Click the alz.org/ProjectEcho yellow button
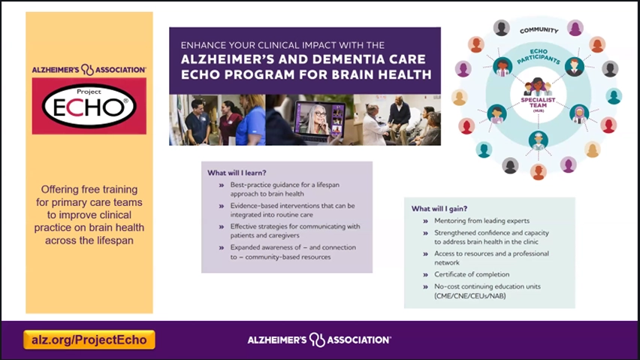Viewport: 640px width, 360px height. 89,340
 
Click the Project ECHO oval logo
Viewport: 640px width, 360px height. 89,106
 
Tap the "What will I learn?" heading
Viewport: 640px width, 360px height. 237,173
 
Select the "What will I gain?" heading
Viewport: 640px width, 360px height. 439,209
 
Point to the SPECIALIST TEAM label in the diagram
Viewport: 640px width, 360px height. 538,102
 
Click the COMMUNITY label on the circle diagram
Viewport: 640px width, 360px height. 539,30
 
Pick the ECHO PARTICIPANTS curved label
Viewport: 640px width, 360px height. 539,56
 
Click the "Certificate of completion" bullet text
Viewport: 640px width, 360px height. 472,274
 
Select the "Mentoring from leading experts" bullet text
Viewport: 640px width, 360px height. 482,220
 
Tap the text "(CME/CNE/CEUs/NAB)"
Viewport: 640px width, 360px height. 469,296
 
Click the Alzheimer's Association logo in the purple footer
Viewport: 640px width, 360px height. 319,340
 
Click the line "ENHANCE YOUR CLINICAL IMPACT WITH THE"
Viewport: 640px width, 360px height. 282,45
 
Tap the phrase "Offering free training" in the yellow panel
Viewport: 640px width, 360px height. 89,189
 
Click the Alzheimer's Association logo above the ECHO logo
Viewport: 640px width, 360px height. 89,70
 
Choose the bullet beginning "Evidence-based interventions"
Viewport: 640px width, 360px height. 292,210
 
